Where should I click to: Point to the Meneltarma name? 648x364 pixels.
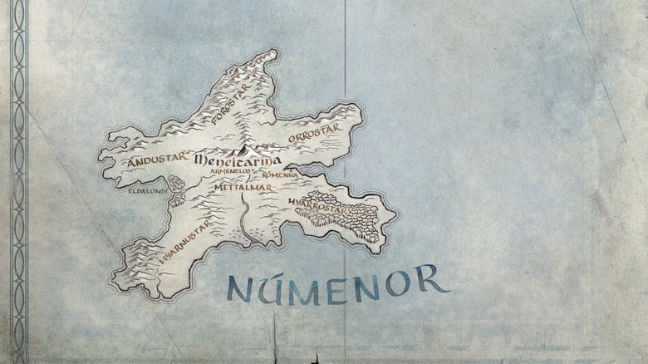(x=238, y=160)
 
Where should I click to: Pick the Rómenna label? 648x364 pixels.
(x=279, y=175)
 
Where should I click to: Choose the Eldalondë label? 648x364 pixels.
(x=148, y=190)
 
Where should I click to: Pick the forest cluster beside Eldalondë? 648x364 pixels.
(x=175, y=184)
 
